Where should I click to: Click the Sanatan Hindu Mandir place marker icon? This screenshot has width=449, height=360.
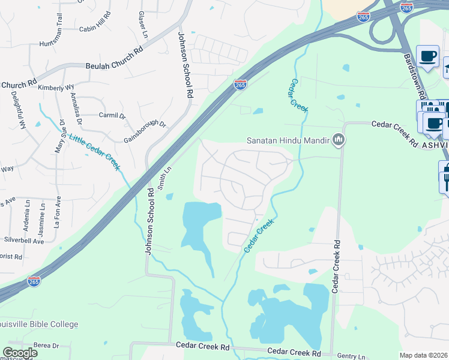(339, 140)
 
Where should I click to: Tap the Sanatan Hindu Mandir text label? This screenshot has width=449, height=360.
(289, 141)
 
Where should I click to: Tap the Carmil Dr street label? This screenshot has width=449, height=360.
(112, 114)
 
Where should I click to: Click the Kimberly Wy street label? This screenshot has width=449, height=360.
(56, 87)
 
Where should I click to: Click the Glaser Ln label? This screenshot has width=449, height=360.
(142, 25)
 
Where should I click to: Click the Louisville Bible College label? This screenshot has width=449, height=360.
(39, 325)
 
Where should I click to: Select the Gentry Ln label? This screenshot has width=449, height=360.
(351, 356)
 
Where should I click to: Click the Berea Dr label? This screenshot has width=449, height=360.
(46, 346)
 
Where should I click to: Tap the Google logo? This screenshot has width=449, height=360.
(20, 353)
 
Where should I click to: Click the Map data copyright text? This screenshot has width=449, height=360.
(423, 355)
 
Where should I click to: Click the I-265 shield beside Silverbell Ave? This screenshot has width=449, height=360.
(34, 281)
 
